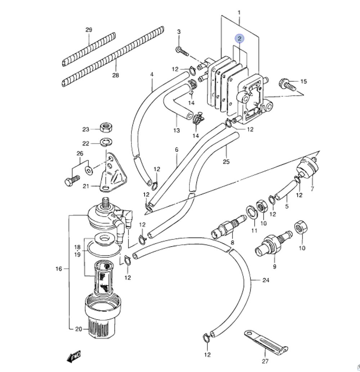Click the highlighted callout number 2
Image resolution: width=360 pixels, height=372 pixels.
pos(240,38)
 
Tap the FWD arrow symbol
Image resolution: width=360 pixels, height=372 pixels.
pos(74,356)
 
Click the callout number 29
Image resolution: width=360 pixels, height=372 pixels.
pos(89,30)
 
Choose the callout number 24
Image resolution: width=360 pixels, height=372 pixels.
pos(266,280)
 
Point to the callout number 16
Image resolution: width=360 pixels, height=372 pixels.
pos(59,269)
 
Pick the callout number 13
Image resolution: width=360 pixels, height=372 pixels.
pos(176,130)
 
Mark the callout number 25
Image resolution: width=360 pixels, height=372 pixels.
pos(226,161)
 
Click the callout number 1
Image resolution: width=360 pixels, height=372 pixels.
pos(239,13)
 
